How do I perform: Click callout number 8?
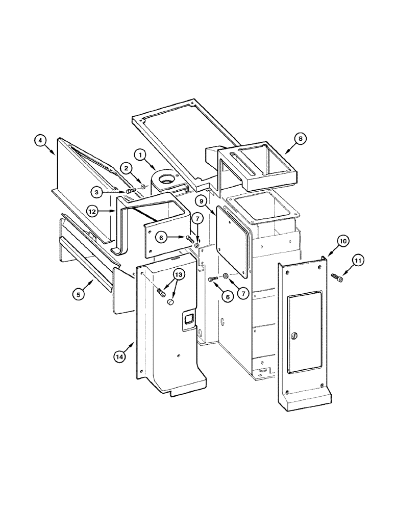(301, 138)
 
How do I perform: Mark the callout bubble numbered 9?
(203, 202)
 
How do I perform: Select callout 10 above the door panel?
(342, 240)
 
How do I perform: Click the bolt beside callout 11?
(337, 278)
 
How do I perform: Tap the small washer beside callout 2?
(143, 187)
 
